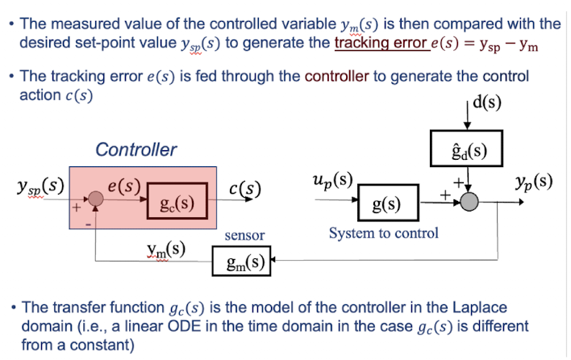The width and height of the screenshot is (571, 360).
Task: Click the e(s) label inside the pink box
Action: coord(124,185)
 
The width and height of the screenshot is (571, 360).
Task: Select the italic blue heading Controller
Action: coord(135,150)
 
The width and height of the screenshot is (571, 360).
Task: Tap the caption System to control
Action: coord(384,233)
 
